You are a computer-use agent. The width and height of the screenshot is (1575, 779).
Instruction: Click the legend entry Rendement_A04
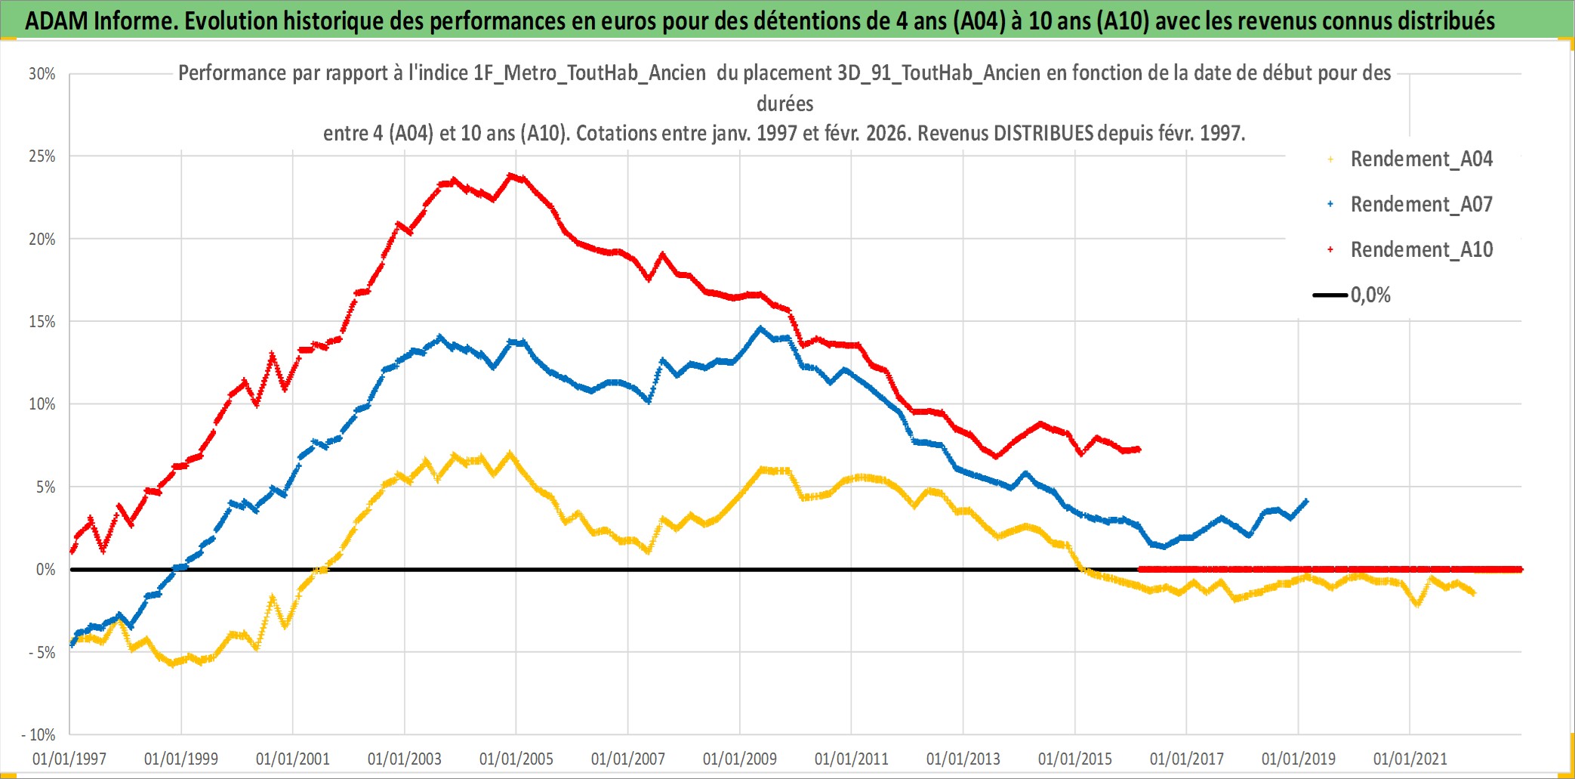click(1420, 159)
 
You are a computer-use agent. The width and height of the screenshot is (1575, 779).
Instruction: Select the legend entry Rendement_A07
click(1420, 205)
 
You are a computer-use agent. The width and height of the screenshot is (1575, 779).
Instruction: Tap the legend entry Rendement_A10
click(1420, 250)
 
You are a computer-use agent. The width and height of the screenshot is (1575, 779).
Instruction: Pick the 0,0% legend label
click(1370, 295)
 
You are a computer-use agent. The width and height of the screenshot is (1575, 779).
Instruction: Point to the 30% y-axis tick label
click(42, 74)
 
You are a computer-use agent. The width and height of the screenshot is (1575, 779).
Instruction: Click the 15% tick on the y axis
click(42, 322)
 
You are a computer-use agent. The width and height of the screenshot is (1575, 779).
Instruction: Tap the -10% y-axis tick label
click(39, 734)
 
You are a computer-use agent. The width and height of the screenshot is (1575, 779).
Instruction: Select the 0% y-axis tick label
click(45, 570)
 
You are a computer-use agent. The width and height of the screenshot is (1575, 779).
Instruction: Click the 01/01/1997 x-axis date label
click(69, 759)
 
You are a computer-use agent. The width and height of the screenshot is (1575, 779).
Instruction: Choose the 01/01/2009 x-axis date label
click(740, 759)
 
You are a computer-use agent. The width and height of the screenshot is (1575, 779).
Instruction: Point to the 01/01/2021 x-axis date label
click(1410, 759)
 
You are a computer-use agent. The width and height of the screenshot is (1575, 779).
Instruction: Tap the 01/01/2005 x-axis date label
click(516, 759)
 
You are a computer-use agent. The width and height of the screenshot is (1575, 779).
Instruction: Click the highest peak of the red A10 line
click(512, 176)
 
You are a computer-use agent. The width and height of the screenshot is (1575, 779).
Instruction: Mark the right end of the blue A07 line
click(1306, 501)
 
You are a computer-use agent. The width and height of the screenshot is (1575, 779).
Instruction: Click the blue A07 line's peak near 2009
click(760, 329)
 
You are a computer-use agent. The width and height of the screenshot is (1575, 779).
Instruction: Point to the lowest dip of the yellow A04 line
click(173, 663)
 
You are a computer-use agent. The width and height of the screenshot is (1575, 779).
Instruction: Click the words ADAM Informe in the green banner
click(100, 20)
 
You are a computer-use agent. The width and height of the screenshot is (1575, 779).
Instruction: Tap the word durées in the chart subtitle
click(785, 104)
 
